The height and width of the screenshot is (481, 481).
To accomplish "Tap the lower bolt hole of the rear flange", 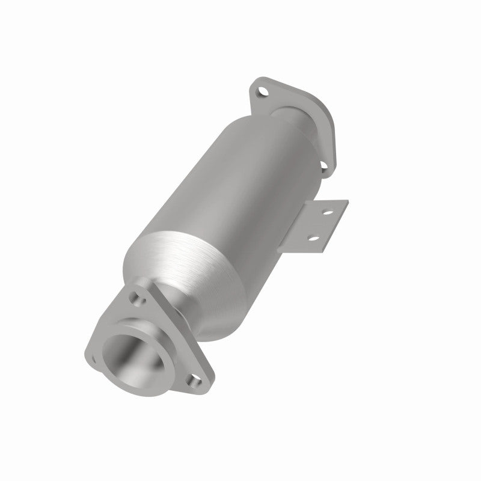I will [x=323, y=164].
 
